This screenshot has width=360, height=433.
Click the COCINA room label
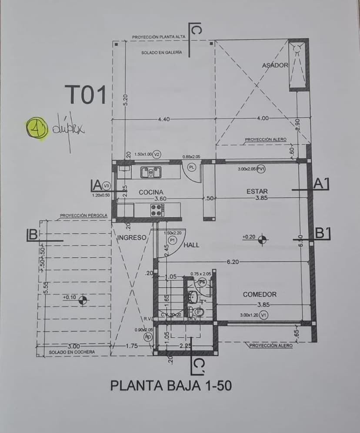point(151,192)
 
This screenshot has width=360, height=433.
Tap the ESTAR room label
point(257,191)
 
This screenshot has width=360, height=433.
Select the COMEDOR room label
point(259,295)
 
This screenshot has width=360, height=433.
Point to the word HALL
point(191,245)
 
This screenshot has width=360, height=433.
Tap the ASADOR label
point(275,65)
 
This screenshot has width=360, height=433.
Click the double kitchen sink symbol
point(151,172)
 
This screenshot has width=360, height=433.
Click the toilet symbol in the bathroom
point(196,312)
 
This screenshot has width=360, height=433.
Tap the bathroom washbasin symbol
point(193,297)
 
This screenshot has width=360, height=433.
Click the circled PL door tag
point(191,167)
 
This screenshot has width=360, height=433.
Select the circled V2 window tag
point(157,154)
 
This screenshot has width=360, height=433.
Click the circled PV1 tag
point(260,169)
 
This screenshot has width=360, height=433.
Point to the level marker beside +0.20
point(262,238)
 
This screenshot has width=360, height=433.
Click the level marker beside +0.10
point(83,300)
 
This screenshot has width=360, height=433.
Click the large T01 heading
point(86,95)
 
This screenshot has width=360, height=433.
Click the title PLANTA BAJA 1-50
point(171,386)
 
